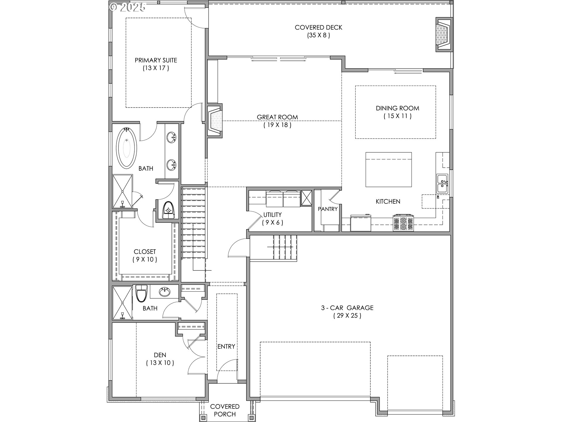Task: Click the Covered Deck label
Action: coord(318,28)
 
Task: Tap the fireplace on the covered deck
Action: coord(444,35)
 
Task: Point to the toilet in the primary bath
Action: coord(168,210)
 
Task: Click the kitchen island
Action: coord(388,169)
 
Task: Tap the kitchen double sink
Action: coord(442,183)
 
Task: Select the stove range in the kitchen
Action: coord(403,223)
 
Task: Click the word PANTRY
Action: coord(328,209)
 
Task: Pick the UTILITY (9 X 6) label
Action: coord(273,218)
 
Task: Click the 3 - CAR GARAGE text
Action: coord(347,308)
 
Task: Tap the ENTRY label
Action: coord(226,347)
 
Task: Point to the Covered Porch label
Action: coord(225,410)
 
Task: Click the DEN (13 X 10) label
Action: coord(160,359)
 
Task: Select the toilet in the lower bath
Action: coord(141,293)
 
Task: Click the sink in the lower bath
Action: coord(165,292)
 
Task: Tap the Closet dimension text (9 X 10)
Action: coord(145,259)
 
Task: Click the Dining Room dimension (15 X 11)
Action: coord(397,116)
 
